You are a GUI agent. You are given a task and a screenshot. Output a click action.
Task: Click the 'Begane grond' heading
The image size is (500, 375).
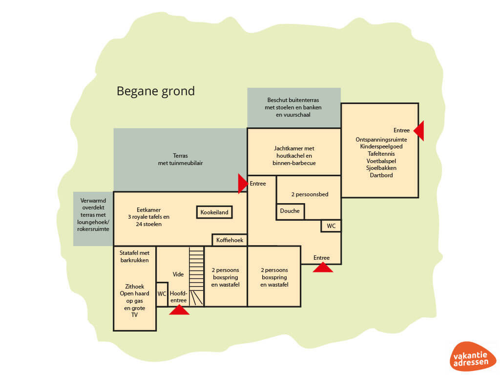tap(155, 91)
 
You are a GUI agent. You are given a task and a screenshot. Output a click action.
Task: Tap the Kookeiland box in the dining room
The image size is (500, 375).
tap(214, 212)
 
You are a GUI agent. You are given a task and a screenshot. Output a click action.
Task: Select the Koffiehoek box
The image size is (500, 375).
tap(229, 240)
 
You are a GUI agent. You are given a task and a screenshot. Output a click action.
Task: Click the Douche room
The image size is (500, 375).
tap(291, 211)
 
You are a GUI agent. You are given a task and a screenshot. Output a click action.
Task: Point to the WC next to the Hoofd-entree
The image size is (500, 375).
tap(162, 294)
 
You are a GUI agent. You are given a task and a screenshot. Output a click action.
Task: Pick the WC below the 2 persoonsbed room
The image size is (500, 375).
tap(331, 226)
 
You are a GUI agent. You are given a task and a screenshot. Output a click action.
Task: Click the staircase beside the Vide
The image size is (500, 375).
tap(196, 276)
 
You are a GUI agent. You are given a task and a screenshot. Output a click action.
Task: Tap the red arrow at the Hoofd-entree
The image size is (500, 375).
tap(179, 310)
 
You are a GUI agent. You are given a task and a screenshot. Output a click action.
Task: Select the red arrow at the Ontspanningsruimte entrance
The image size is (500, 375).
tap(419, 130)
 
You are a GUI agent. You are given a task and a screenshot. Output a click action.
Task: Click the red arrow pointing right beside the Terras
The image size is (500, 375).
tap(242, 184)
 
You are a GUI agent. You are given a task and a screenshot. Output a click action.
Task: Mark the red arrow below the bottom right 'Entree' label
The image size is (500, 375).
tap(323, 267)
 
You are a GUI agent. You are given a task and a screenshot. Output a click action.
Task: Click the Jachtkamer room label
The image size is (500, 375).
tap(293, 155)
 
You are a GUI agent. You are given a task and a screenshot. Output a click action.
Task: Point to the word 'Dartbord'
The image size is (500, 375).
tap(381, 175)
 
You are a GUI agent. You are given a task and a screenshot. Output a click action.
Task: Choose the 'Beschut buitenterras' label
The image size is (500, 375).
tap(293, 100)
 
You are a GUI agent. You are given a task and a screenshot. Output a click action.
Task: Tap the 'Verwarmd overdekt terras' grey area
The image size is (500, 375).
tap(93, 218)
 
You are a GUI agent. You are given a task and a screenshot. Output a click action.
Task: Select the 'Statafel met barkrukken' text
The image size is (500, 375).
tap(134, 256)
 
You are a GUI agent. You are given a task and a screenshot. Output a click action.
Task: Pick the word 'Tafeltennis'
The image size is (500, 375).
tap(381, 153)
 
